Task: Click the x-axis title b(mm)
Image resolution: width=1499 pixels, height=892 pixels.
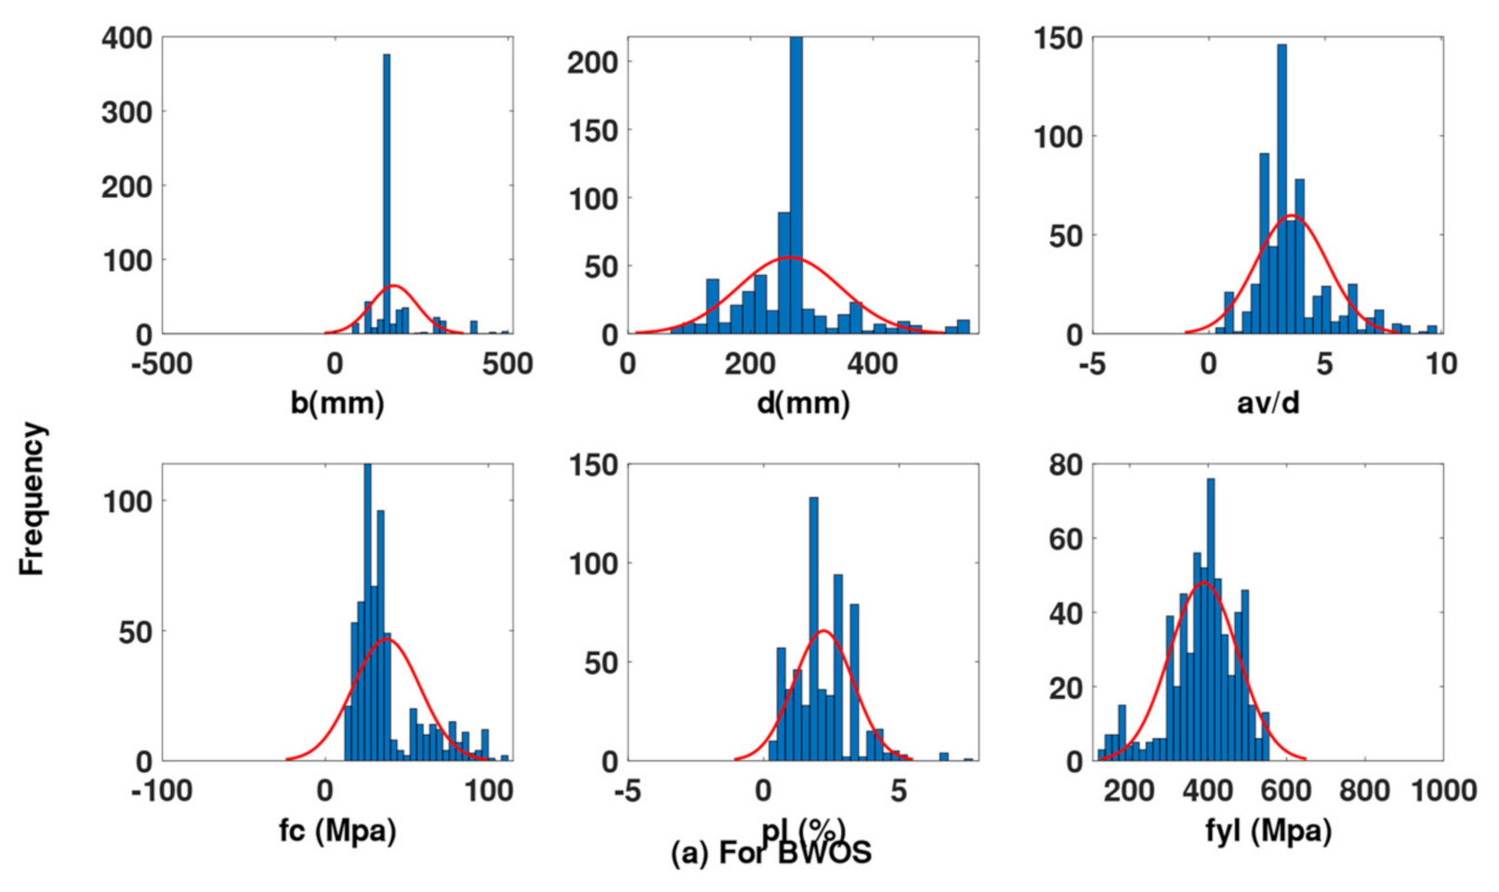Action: coord(337,403)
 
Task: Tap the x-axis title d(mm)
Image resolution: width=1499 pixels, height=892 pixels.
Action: coord(803,403)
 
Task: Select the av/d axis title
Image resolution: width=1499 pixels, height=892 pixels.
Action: coord(1268,403)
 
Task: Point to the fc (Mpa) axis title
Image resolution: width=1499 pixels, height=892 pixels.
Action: coord(337,830)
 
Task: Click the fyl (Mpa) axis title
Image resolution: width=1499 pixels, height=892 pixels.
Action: coord(1268,830)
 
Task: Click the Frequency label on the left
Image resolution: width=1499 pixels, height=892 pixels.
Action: coord(32,499)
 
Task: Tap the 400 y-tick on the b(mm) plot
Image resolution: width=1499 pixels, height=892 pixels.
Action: coord(126,38)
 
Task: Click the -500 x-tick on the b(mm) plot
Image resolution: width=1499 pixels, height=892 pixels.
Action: coord(163,363)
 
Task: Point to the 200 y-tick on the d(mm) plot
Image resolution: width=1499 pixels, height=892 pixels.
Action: coord(592,63)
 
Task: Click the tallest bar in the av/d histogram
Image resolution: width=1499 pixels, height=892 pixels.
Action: coord(1282,186)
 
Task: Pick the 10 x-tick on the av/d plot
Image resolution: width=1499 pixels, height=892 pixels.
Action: coord(1441,363)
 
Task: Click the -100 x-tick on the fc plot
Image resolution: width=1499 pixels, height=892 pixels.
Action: coord(163,791)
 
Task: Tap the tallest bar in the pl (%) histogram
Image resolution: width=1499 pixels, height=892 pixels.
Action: coord(814,632)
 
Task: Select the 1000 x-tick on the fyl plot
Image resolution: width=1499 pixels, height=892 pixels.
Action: coord(1443,791)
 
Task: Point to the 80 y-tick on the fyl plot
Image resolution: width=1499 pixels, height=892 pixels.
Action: coord(1066,465)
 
